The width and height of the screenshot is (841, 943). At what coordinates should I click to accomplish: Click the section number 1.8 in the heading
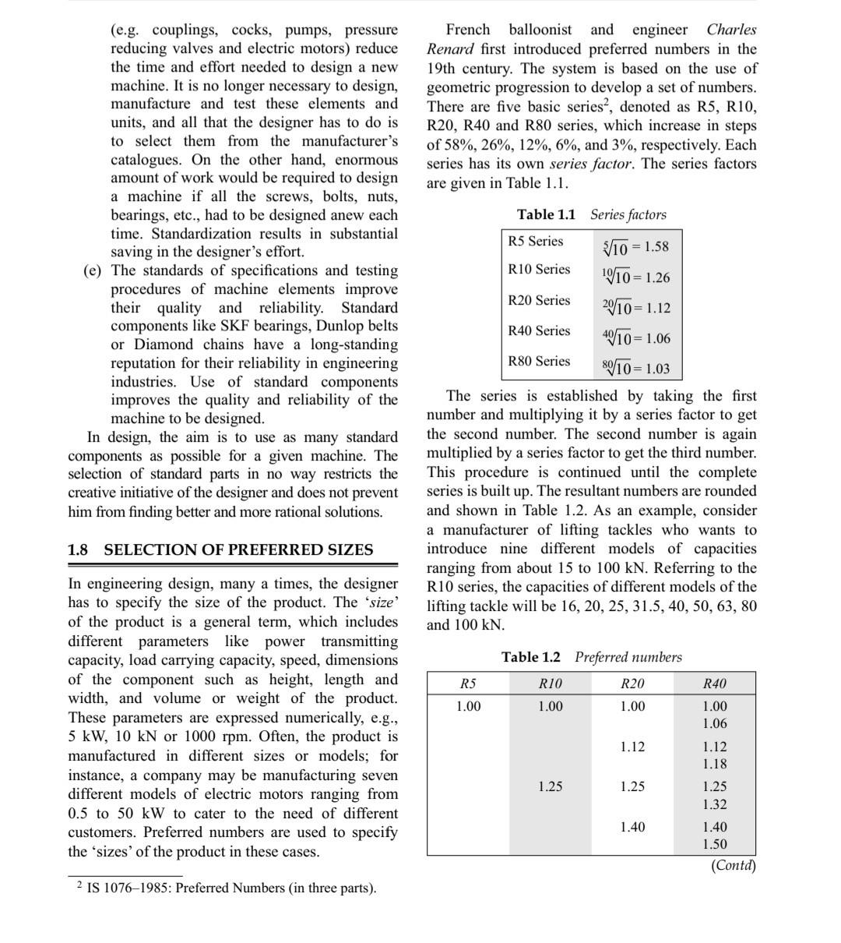pos(78,549)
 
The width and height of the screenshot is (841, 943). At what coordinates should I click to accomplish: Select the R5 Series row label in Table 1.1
pos(535,241)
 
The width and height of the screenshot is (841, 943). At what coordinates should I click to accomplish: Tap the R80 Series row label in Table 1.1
pos(539,361)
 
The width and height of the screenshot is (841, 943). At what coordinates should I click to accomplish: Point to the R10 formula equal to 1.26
pos(635,277)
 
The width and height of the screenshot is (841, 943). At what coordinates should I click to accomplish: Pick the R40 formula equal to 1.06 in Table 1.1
pos(635,337)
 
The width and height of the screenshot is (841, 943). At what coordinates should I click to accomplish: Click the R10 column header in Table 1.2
pos(550,683)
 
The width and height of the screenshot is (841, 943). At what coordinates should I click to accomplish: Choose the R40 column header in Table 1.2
pos(714,683)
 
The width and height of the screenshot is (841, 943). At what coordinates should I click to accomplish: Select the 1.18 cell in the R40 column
pos(714,764)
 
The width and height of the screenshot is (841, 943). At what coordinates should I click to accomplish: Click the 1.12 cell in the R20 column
pos(632,747)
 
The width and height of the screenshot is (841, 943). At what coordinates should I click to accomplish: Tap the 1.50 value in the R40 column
pos(714,844)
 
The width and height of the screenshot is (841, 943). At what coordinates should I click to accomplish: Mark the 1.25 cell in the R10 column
pos(550,786)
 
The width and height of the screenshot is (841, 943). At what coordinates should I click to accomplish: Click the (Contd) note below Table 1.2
pos(734,865)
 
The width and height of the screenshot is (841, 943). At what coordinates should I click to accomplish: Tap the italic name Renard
pos(450,49)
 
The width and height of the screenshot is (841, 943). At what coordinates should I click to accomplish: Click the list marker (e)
pos(93,270)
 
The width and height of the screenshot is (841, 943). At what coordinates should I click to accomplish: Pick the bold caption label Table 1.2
pos(530,657)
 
